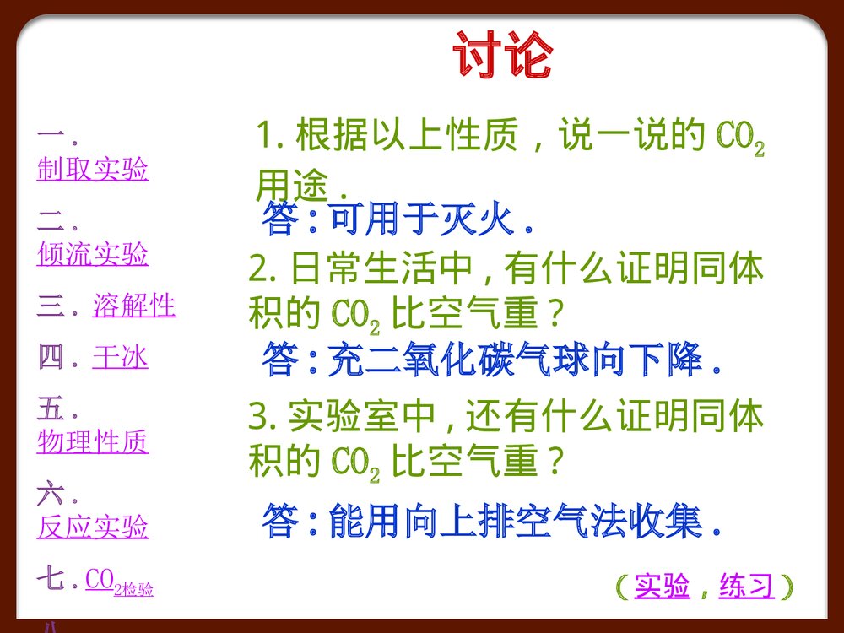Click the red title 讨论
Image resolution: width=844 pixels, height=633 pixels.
coord(503,56)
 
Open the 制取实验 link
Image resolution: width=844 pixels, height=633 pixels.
coord(93,170)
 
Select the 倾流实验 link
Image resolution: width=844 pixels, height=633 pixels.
coord(93,253)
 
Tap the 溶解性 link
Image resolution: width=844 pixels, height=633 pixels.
coord(134,306)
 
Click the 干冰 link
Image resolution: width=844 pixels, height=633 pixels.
coord(120,358)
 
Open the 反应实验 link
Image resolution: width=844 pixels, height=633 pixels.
coord(93,527)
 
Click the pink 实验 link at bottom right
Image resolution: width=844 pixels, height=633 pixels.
coord(662,586)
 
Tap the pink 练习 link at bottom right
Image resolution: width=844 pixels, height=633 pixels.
coord(746,586)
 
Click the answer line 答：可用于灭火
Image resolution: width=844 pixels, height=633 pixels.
coord(398,221)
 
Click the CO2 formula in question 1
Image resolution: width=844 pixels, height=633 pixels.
coord(740,138)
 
